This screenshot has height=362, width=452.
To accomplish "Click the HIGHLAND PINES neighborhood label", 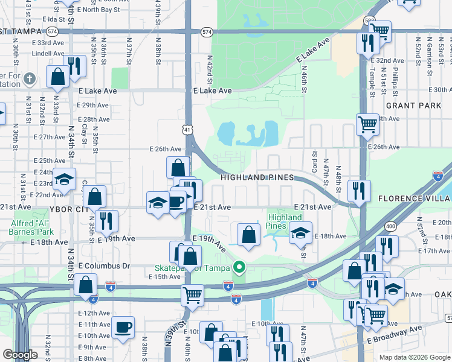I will [x=257, y=177].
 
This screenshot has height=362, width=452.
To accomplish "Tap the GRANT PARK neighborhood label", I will [x=414, y=105].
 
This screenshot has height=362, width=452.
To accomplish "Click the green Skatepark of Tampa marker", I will [x=240, y=266].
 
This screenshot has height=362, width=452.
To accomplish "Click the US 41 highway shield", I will [x=188, y=129].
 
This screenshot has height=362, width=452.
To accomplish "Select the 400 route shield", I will [x=392, y=225].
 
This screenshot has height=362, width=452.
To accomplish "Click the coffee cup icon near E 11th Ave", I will [x=123, y=328].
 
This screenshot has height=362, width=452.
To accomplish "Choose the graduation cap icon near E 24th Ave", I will [x=63, y=179].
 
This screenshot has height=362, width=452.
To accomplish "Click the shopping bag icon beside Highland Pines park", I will [x=248, y=235].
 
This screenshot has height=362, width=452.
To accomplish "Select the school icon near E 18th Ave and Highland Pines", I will [x=300, y=233].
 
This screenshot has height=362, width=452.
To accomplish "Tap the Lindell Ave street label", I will [x=48, y=53].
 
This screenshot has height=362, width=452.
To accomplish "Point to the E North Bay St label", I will [x=98, y=10].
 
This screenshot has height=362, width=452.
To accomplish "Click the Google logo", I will [x=20, y=355].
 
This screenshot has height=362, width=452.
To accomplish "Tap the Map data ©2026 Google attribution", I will [x=413, y=357].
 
